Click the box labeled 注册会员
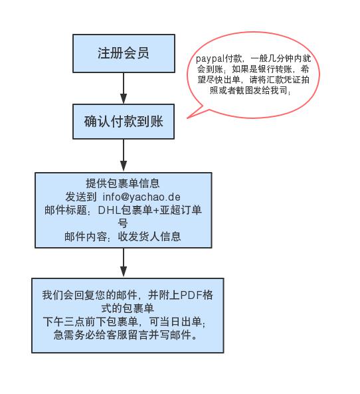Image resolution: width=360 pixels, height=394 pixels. point(124,53)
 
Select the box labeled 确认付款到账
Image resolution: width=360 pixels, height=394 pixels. point(124,122)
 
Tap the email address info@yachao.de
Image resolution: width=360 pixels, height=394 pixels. point(141,197)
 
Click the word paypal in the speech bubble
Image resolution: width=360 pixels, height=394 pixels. point(210,58)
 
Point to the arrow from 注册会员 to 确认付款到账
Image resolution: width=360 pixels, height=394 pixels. point(124,88)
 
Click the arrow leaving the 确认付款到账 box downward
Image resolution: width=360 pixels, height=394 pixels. point(124,155)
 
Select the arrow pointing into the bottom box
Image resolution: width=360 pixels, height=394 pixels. point(124,263)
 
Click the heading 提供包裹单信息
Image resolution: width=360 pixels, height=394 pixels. point(123,183)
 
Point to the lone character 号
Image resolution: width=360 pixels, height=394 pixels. point(123,223)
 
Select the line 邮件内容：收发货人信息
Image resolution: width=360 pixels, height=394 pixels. point(123,237)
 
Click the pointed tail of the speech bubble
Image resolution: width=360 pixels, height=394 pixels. point(188,118)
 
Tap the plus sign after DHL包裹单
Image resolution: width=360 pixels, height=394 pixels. point(156,210)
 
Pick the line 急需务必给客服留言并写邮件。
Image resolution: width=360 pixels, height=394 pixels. point(126,334)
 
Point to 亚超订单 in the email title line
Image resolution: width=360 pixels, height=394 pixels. point(181,210)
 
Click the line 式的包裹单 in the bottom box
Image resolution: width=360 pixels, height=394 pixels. point(128,308)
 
